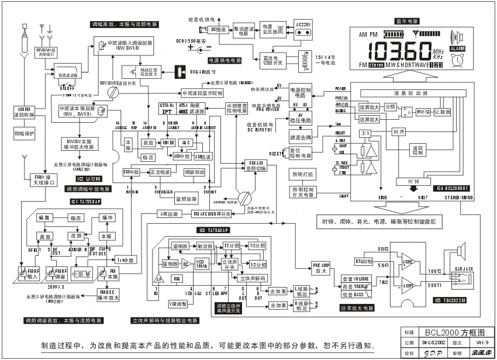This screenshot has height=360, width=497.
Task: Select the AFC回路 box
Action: (x=167, y=214)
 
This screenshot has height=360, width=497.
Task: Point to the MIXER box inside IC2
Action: (x=169, y=143)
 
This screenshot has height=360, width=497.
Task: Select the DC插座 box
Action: (x=220, y=29)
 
